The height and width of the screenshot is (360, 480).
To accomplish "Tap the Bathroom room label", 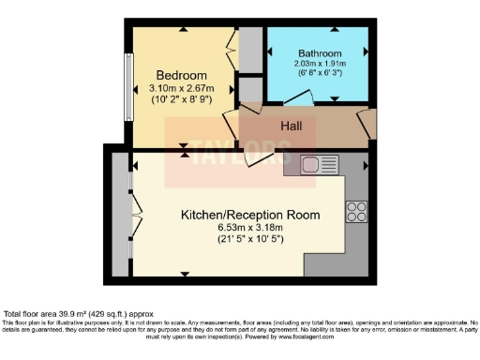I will tap(320, 52).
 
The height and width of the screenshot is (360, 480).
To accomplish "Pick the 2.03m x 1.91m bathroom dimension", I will tap(320, 64).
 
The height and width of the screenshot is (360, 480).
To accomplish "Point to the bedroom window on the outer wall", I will tap(127, 86).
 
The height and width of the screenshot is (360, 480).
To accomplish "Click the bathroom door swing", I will tap(298, 97).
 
